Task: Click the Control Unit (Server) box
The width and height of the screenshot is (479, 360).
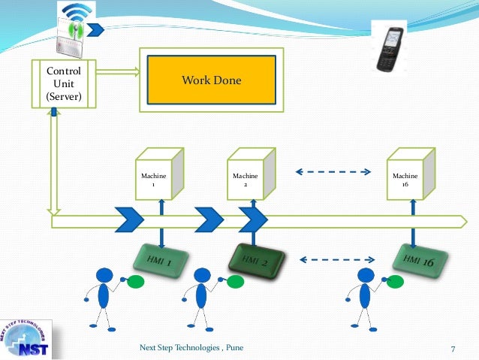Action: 64,83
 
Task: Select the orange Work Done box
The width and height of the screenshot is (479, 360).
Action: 212,80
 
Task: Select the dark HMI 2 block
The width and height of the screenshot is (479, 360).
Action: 254,259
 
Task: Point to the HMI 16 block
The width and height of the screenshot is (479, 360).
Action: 420,260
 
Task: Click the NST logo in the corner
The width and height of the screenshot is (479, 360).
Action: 25,334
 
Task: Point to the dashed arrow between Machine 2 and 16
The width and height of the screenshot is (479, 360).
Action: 333,172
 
